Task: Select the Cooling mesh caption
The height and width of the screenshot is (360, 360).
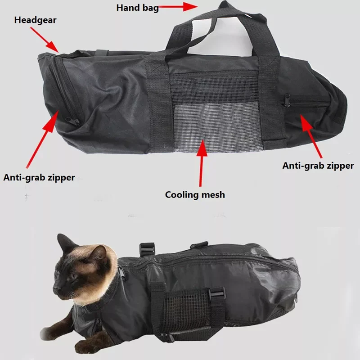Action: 194,195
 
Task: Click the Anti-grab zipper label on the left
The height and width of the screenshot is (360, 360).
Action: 39,177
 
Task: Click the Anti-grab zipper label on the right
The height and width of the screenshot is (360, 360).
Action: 318,166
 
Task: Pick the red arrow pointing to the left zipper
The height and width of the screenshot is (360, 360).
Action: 43,139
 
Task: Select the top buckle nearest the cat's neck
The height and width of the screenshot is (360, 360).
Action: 147,249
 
